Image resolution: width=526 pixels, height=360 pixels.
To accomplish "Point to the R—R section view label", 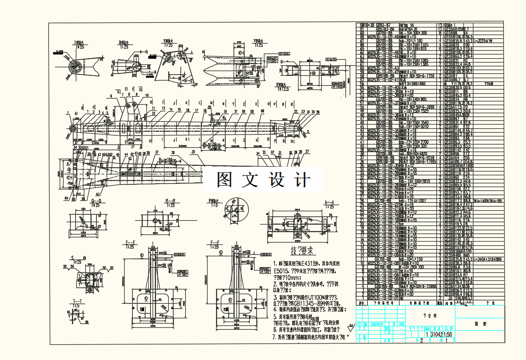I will tap(170, 201).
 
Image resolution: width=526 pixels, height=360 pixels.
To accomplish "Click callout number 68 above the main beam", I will tap(262, 111).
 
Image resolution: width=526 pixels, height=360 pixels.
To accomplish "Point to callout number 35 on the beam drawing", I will tap(193, 152).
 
